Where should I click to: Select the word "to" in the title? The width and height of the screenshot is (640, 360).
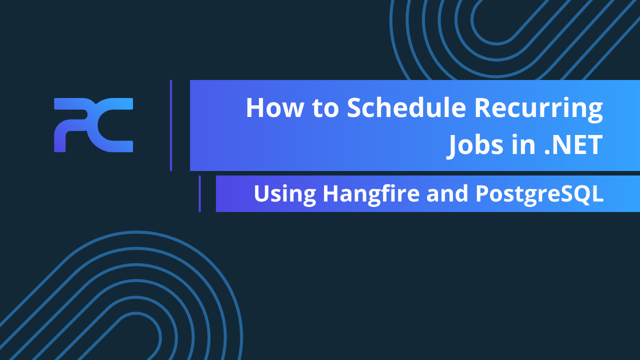click(325, 108)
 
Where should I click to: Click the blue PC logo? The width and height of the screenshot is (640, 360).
click(93, 125)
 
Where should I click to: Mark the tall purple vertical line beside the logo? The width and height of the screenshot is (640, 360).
click(171, 125)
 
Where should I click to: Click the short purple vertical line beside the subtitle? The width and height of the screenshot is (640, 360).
click(199, 193)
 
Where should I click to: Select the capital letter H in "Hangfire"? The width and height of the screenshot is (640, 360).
click(330, 193)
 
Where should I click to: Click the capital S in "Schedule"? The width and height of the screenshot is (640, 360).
click(356, 108)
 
